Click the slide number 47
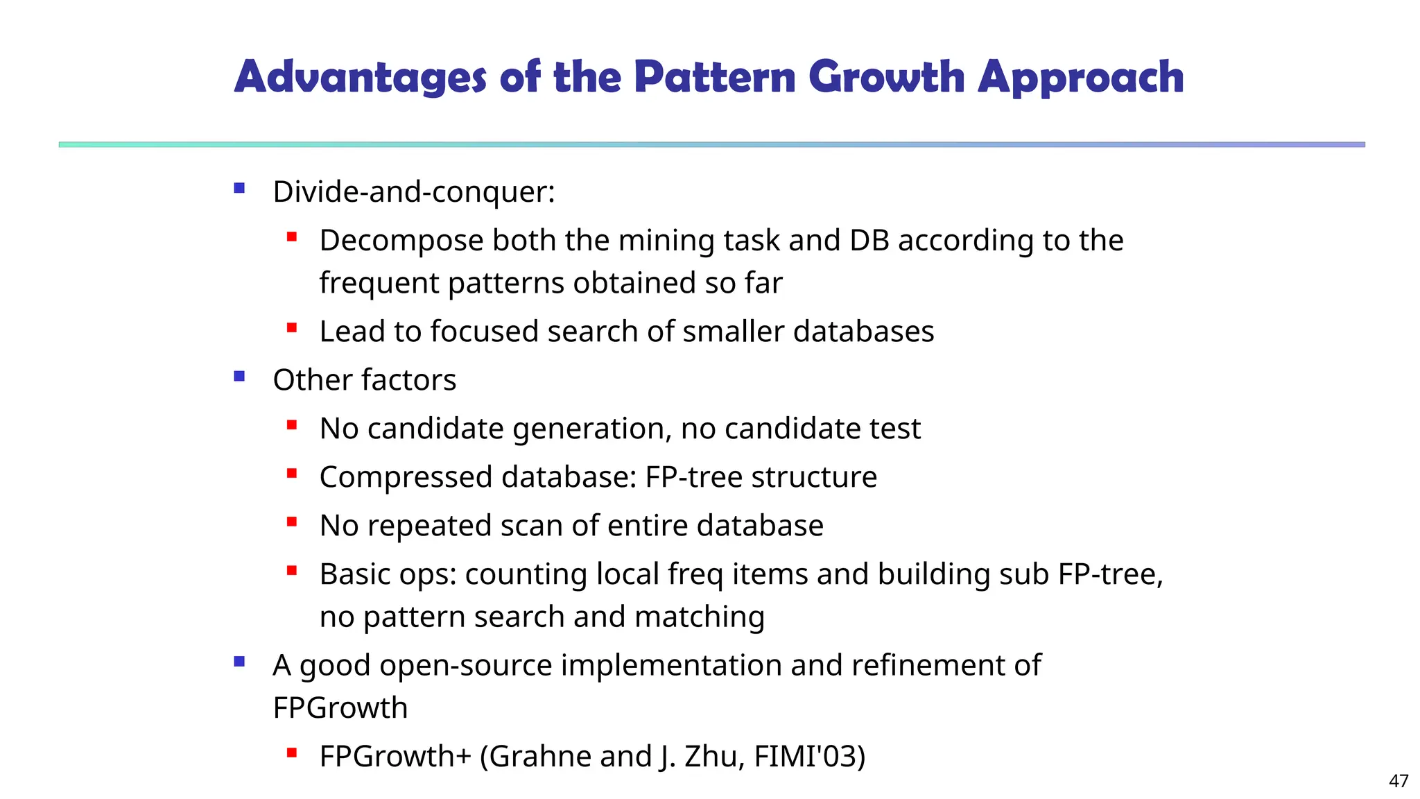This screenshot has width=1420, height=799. (1399, 781)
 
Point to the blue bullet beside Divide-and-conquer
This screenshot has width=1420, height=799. (239, 188)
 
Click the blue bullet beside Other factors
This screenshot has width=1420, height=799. (239, 377)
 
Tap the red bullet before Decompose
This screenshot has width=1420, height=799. (292, 237)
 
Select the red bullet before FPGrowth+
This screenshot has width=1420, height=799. (292, 753)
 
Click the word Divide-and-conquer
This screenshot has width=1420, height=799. (413, 192)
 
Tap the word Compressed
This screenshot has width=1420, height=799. (406, 478)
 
